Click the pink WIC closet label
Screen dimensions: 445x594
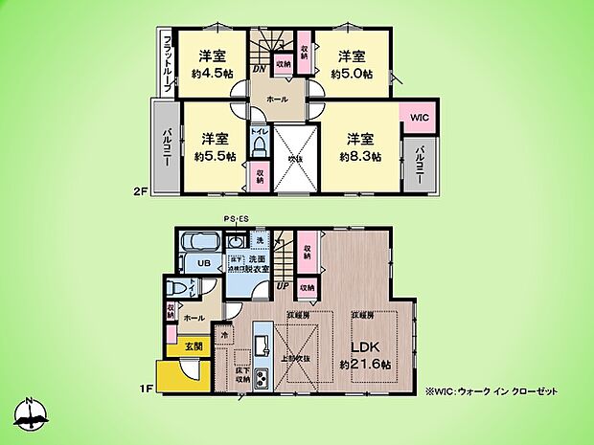tap(419, 117)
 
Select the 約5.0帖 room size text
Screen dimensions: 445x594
tap(351, 73)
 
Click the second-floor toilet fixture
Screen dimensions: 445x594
tap(260, 146)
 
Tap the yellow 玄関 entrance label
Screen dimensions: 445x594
tap(194, 345)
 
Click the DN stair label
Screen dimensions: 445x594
tap(259, 69)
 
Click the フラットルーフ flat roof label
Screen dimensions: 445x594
tap(167, 61)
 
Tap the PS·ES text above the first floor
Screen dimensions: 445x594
tap(235, 219)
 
